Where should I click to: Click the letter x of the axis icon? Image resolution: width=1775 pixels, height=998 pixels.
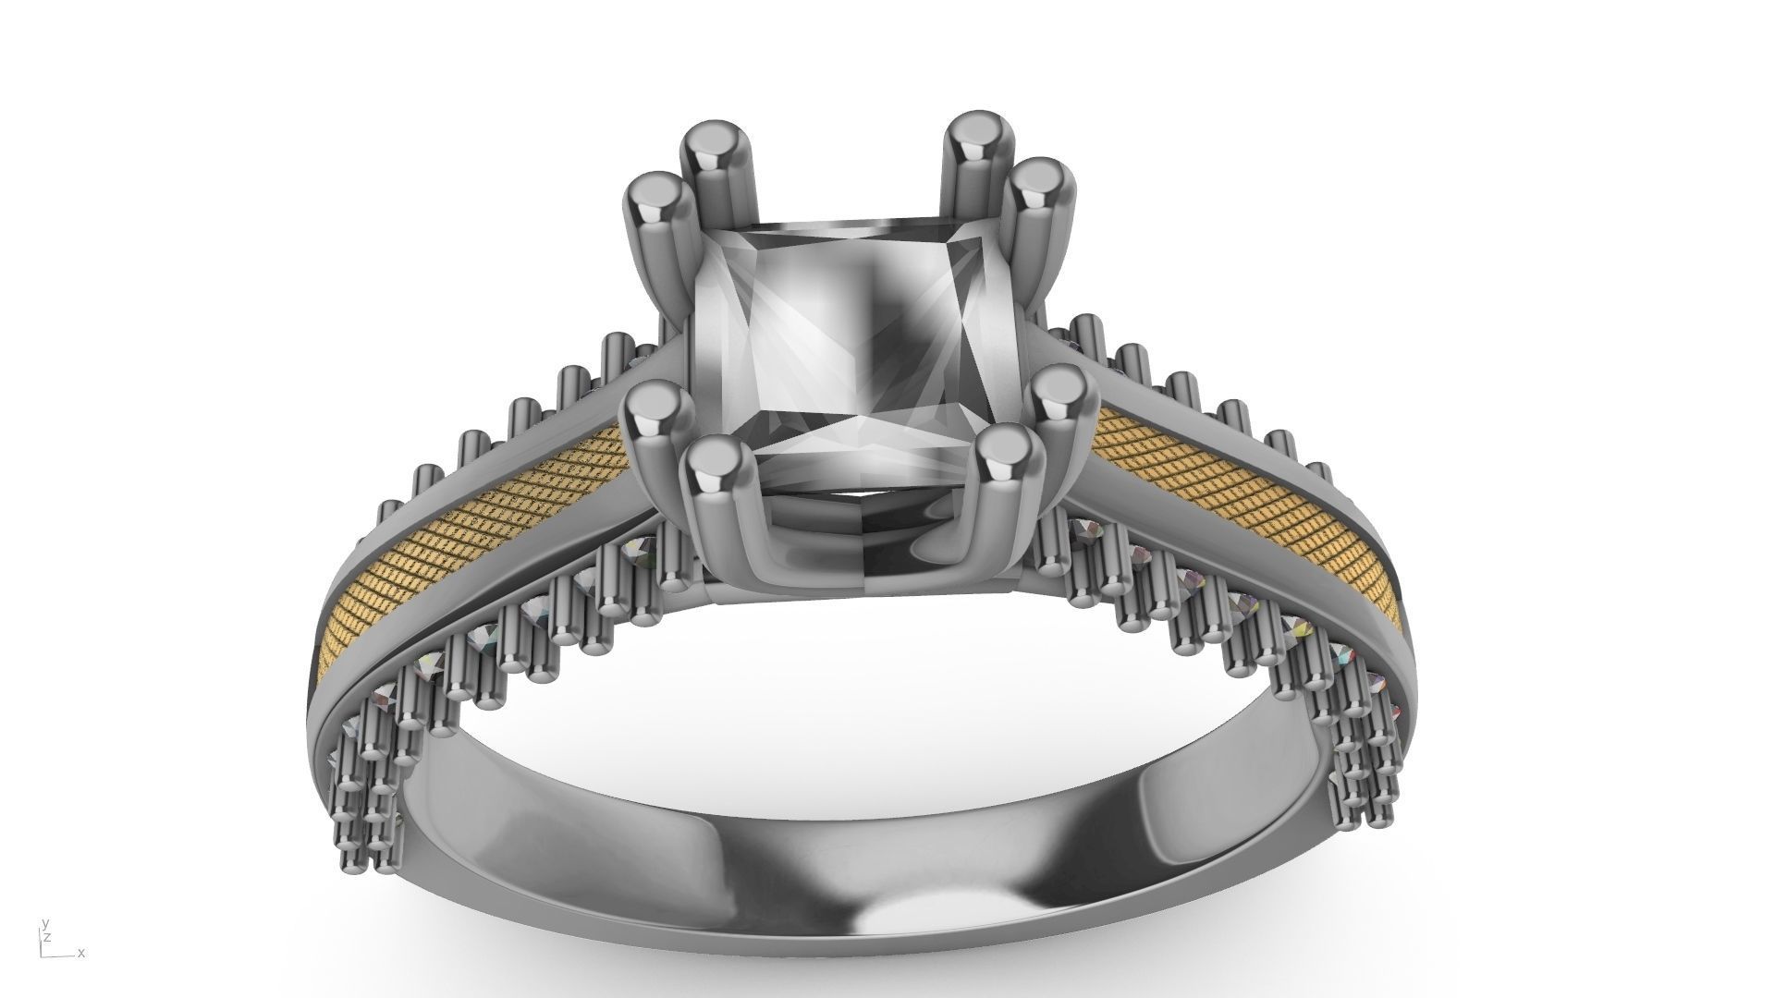coord(81,954)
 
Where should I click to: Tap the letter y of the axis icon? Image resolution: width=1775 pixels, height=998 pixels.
coord(44,924)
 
